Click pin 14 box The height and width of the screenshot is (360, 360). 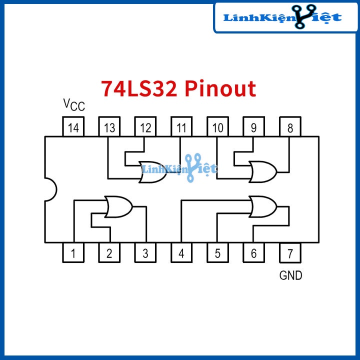tap(73, 127)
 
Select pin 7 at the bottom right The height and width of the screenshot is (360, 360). tap(290, 252)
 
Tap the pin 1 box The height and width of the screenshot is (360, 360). tap(73, 252)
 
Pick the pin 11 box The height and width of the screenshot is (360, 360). tap(181, 127)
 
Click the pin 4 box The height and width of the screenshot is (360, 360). tap(181, 252)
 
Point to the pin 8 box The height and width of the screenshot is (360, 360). tap(290, 127)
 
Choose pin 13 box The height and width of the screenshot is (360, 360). tap(109, 127)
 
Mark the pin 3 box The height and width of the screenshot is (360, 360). tap(145, 252)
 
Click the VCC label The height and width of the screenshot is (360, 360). tap(74, 104)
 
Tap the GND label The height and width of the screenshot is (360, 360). tap(290, 275)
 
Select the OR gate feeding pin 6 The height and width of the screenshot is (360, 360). tap(262, 206)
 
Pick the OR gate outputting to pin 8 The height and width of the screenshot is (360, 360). tap(262, 171)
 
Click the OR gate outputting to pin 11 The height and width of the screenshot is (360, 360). tap(153, 171)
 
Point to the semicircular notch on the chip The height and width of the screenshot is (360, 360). tap(50, 190)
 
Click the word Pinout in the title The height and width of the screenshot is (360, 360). tap(220, 88)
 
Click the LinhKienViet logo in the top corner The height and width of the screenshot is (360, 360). tap(282, 17)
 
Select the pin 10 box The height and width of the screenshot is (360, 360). tap(217, 127)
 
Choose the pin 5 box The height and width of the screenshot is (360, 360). tap(217, 252)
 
